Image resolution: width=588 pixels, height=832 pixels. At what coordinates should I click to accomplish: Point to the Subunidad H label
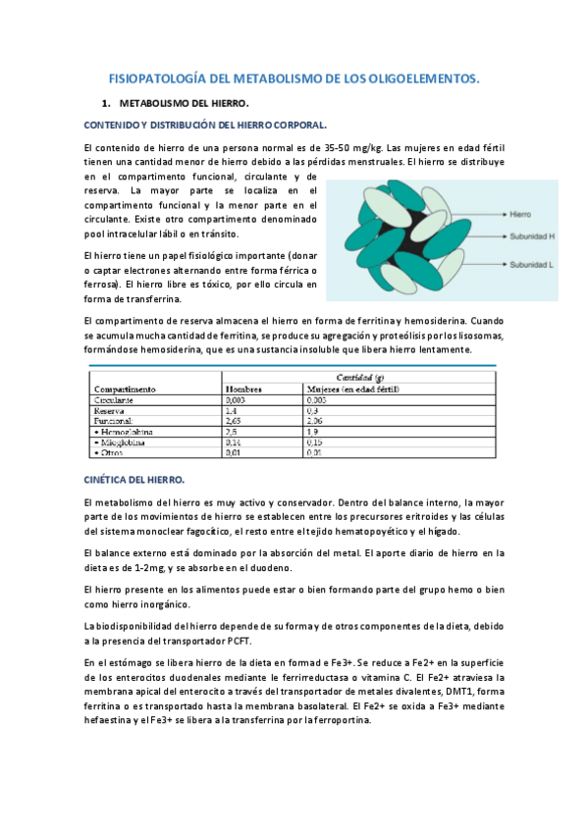click(x=536, y=236)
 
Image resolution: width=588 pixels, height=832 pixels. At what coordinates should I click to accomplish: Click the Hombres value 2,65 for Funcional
click(x=235, y=420)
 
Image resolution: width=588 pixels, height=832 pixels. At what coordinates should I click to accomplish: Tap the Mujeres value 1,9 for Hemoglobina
click(x=315, y=431)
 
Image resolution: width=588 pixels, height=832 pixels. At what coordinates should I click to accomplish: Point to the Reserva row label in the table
click(x=109, y=410)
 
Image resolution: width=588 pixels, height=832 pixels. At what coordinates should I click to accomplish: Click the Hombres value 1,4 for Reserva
click(x=233, y=410)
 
